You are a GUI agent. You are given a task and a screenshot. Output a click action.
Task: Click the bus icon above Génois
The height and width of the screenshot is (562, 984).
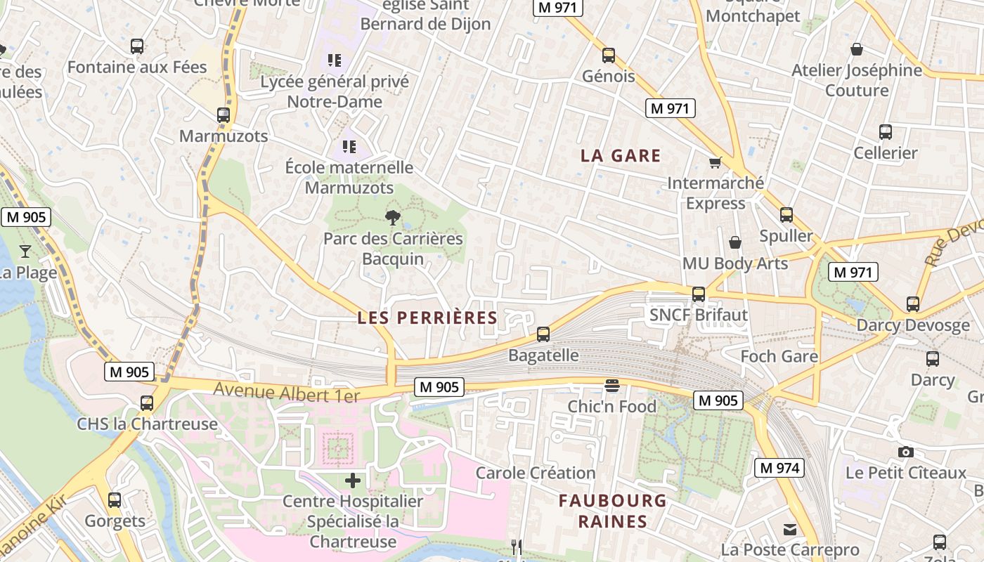pyautogui.click(x=609, y=55)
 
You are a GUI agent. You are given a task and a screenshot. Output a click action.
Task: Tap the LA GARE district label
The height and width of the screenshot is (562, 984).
pyautogui.click(x=621, y=156)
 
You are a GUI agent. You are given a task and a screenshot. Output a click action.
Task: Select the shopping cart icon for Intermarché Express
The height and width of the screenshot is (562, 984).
pyautogui.click(x=716, y=163)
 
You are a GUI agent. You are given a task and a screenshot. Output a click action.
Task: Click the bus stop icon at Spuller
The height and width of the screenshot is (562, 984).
pyautogui.click(x=786, y=215)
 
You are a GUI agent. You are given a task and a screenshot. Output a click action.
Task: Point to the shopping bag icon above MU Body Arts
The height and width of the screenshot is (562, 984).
pyautogui.click(x=735, y=242)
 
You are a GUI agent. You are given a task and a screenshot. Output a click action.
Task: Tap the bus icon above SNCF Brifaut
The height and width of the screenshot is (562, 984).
pyautogui.click(x=699, y=294)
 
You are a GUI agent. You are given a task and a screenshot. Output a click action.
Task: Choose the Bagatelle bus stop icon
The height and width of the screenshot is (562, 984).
pyautogui.click(x=543, y=334)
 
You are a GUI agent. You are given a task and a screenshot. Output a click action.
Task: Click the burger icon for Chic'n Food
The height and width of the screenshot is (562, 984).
pyautogui.click(x=612, y=386)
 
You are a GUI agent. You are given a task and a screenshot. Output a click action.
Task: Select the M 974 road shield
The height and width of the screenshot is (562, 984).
pyautogui.click(x=779, y=468)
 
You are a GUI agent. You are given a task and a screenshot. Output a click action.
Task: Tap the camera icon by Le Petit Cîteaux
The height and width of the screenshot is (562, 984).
pyautogui.click(x=906, y=452)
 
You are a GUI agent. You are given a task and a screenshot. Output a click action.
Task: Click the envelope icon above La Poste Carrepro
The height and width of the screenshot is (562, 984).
pyautogui.click(x=791, y=529)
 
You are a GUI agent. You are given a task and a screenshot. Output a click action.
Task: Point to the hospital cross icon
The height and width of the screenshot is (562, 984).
pyautogui.click(x=353, y=481)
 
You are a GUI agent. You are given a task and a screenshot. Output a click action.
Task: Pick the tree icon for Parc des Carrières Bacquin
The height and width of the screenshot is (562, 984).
pyautogui.click(x=393, y=218)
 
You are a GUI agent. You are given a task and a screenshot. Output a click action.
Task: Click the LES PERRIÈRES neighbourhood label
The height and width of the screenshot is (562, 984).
pyautogui.click(x=427, y=318)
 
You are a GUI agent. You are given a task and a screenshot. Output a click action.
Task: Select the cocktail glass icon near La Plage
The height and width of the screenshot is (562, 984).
pyautogui.click(x=25, y=251)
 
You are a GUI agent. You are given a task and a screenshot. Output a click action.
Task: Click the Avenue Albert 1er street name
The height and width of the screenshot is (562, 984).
pyautogui.click(x=287, y=393)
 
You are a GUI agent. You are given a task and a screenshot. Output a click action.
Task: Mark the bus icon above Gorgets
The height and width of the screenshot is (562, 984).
pyautogui.click(x=115, y=500)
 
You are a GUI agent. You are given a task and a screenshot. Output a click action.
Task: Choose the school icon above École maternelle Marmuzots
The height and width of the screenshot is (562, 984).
pyautogui.click(x=349, y=147)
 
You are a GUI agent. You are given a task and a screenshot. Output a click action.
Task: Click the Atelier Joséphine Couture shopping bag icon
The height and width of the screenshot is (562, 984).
pyautogui.click(x=857, y=49)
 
